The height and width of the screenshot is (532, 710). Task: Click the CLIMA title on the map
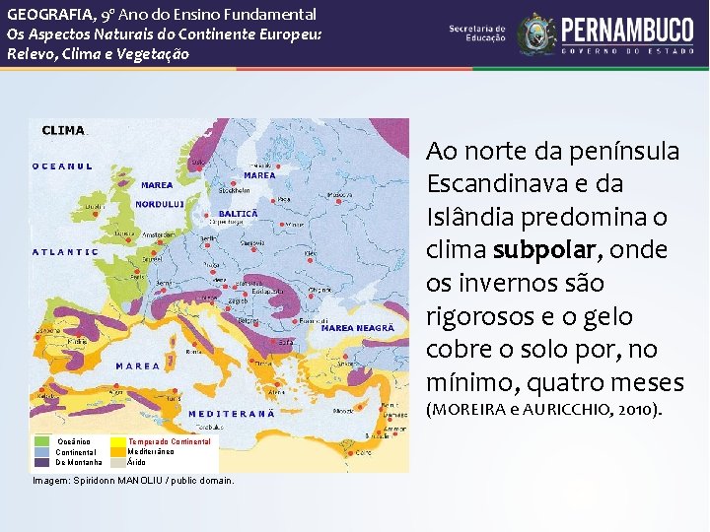pos(63,130)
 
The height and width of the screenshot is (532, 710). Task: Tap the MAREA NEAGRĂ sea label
pos(358,327)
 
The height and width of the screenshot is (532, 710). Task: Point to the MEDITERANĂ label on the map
pos(232,414)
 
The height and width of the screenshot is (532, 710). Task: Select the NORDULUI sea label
pos(160,204)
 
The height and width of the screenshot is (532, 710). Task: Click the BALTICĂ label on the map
pos(238,213)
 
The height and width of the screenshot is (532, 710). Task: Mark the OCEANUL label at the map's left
pos(63,166)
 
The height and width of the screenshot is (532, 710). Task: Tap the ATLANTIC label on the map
pos(65,251)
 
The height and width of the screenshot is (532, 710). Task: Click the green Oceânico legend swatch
pos(42,441)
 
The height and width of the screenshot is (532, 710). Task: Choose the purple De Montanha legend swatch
pos(42,461)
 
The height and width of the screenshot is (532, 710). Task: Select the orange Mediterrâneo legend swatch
pos(118,451)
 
